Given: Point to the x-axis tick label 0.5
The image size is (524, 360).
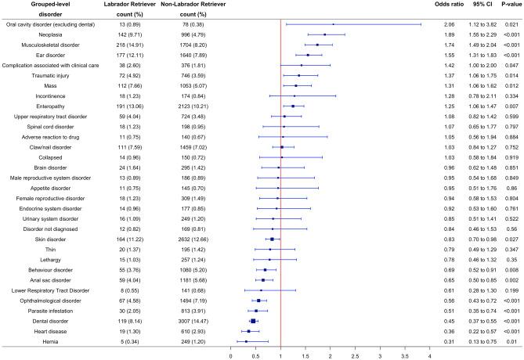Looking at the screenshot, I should pos(255,355).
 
